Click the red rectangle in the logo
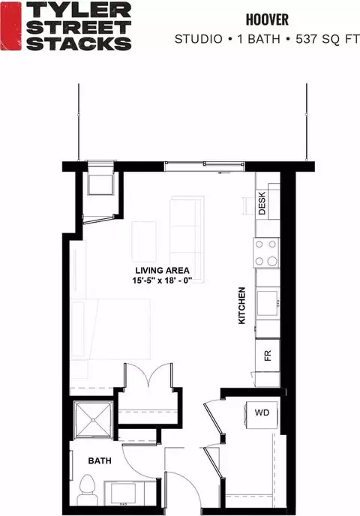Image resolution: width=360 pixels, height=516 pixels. click(x=10, y=26)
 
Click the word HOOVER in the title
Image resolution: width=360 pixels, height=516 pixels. click(x=267, y=19)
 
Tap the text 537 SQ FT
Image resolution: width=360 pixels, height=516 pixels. click(x=327, y=39)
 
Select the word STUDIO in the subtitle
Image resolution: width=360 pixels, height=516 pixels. click(x=199, y=39)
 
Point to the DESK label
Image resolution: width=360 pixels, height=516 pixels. click(x=262, y=203)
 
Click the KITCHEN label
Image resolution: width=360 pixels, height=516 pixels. click(x=241, y=305)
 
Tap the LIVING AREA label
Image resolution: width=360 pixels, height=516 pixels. click(x=162, y=271)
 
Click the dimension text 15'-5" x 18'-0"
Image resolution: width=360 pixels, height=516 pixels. click(x=162, y=280)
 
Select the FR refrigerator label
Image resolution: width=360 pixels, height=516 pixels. click(x=268, y=355)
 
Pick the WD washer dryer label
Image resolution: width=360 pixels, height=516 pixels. click(x=262, y=412)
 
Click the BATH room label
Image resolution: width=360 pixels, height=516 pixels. click(x=100, y=460)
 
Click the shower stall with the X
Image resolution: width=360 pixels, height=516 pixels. click(x=94, y=420)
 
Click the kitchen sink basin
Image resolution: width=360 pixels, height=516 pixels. click(x=267, y=303)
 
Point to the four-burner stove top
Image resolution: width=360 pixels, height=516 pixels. click(x=266, y=253)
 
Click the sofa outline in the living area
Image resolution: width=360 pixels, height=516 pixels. click(x=187, y=239)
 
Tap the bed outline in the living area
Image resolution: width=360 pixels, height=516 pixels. click(x=110, y=328)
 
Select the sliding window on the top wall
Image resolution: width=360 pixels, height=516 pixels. click(x=204, y=166)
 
